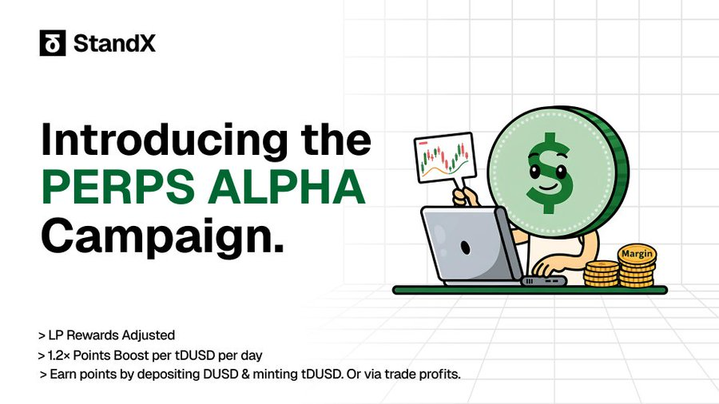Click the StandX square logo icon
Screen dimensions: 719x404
[x=53, y=43]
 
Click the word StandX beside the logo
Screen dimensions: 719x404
[x=114, y=44]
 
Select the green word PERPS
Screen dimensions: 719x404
[x=118, y=187]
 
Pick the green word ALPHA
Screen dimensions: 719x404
[x=287, y=187]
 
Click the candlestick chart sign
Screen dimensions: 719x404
[x=445, y=157]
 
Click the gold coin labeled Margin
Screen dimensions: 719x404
[x=637, y=254]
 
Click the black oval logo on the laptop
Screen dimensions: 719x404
[x=466, y=248]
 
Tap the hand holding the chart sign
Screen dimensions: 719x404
[x=464, y=197]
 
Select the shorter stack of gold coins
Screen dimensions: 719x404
[x=602, y=273]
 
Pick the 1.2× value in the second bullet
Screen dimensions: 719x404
[x=58, y=355]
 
